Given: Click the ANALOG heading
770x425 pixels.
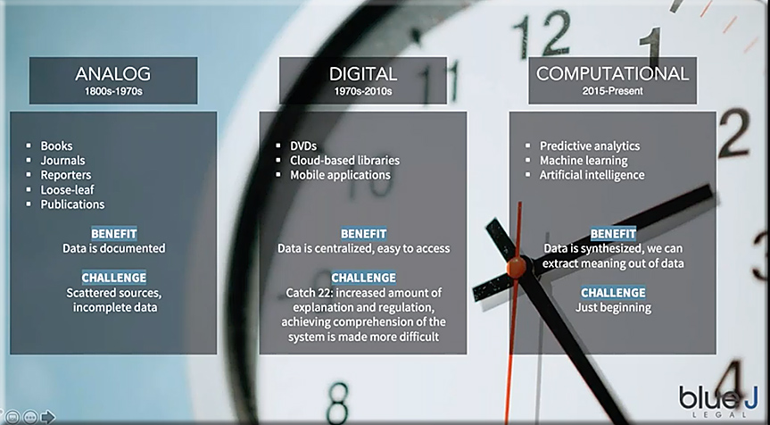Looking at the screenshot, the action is point(113,74).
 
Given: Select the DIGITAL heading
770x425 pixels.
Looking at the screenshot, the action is point(363,74).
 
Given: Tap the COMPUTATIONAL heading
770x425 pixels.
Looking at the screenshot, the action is point(612,74).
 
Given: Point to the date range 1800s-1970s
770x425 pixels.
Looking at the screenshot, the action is point(113,91).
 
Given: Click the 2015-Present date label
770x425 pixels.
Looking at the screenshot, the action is point(612,91).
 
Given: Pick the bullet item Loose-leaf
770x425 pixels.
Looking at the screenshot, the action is point(67,189).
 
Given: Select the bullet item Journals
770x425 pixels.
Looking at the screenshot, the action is point(62,161).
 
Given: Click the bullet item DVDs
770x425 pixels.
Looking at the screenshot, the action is point(303,146).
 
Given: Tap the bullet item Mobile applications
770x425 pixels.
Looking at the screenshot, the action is point(340,175).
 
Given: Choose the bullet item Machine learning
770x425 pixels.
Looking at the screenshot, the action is point(584,161).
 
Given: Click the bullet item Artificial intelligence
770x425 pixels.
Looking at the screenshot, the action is point(592,175).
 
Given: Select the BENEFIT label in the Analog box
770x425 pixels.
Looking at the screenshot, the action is point(114,234).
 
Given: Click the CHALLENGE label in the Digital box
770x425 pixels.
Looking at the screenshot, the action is point(363,278).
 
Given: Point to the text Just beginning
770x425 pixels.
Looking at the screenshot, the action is point(613,307).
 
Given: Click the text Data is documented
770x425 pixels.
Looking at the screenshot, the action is point(114,248).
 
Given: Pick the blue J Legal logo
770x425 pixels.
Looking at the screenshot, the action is point(718,401).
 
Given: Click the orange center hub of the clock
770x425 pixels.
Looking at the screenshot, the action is point(516,267).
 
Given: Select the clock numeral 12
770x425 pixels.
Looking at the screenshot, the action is point(542,33).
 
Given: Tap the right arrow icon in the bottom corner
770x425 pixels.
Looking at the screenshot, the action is point(47,417).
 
